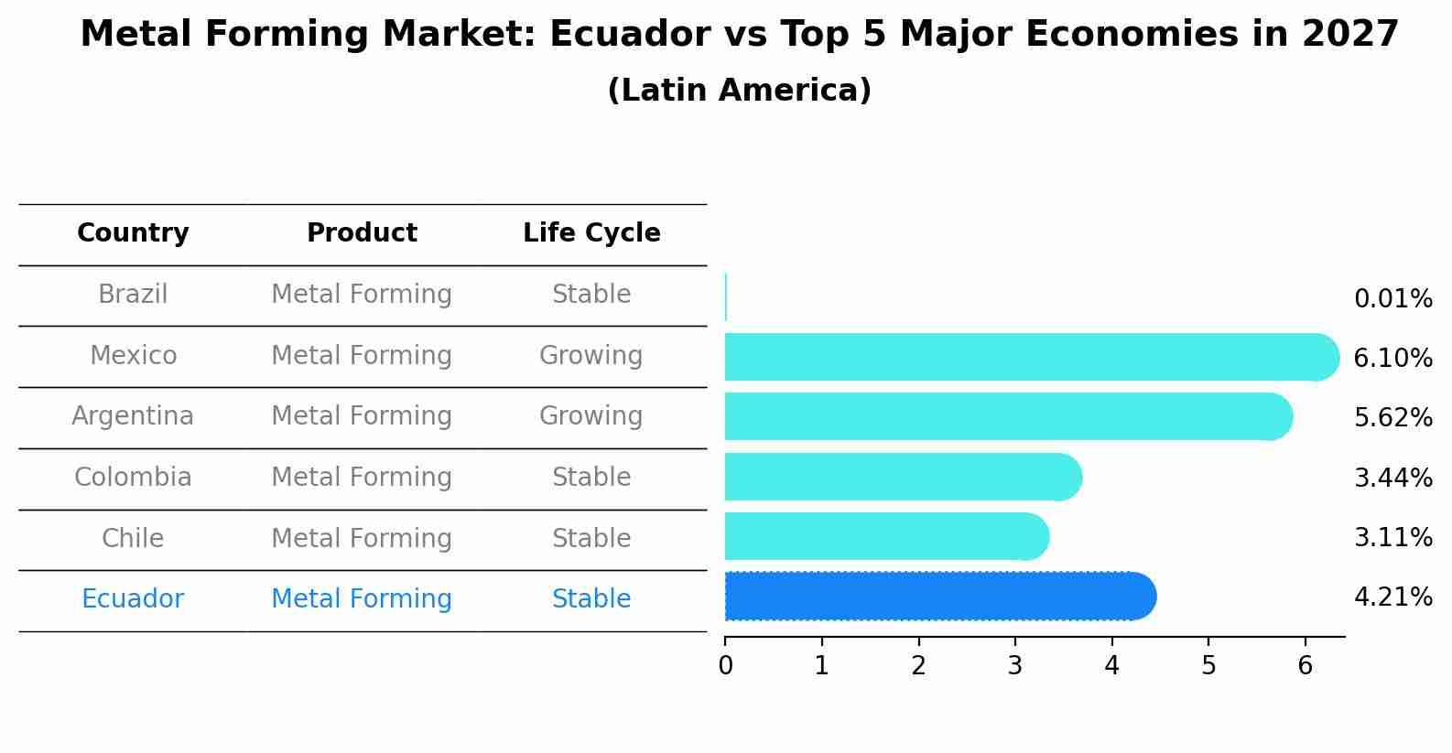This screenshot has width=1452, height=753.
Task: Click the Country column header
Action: (133, 233)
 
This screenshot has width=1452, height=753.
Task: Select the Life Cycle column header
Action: (591, 233)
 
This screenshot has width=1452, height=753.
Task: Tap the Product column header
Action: (362, 233)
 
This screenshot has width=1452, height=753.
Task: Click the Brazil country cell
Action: (133, 295)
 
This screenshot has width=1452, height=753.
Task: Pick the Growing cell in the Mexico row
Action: (591, 355)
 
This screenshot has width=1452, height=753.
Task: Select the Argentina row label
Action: (133, 416)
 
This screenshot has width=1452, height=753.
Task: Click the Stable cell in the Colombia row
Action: (591, 478)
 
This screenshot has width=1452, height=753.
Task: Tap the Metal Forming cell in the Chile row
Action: (362, 538)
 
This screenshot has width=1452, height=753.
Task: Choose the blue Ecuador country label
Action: (133, 599)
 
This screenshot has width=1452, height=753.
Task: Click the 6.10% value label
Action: (1392, 359)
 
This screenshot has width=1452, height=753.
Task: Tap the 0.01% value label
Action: (1392, 299)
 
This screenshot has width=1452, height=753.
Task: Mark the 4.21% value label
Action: (1392, 597)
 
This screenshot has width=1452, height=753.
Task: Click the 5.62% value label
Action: (1392, 418)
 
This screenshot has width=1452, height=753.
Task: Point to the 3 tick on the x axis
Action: (1014, 666)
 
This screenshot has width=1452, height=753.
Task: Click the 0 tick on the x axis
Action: (725, 666)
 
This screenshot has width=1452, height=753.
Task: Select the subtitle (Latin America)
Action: (739, 91)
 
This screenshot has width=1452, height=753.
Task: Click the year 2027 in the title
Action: (1350, 35)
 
